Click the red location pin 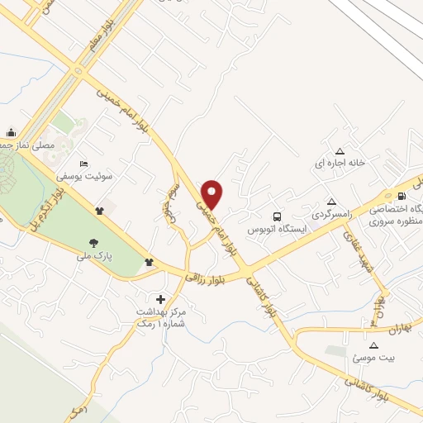213,194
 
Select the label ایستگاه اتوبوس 278,226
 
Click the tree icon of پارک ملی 94,243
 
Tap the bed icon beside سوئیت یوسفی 81,164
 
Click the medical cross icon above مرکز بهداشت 160,298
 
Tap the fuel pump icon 402,196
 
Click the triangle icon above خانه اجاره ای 340,150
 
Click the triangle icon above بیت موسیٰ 373,345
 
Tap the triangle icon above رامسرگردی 331,202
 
